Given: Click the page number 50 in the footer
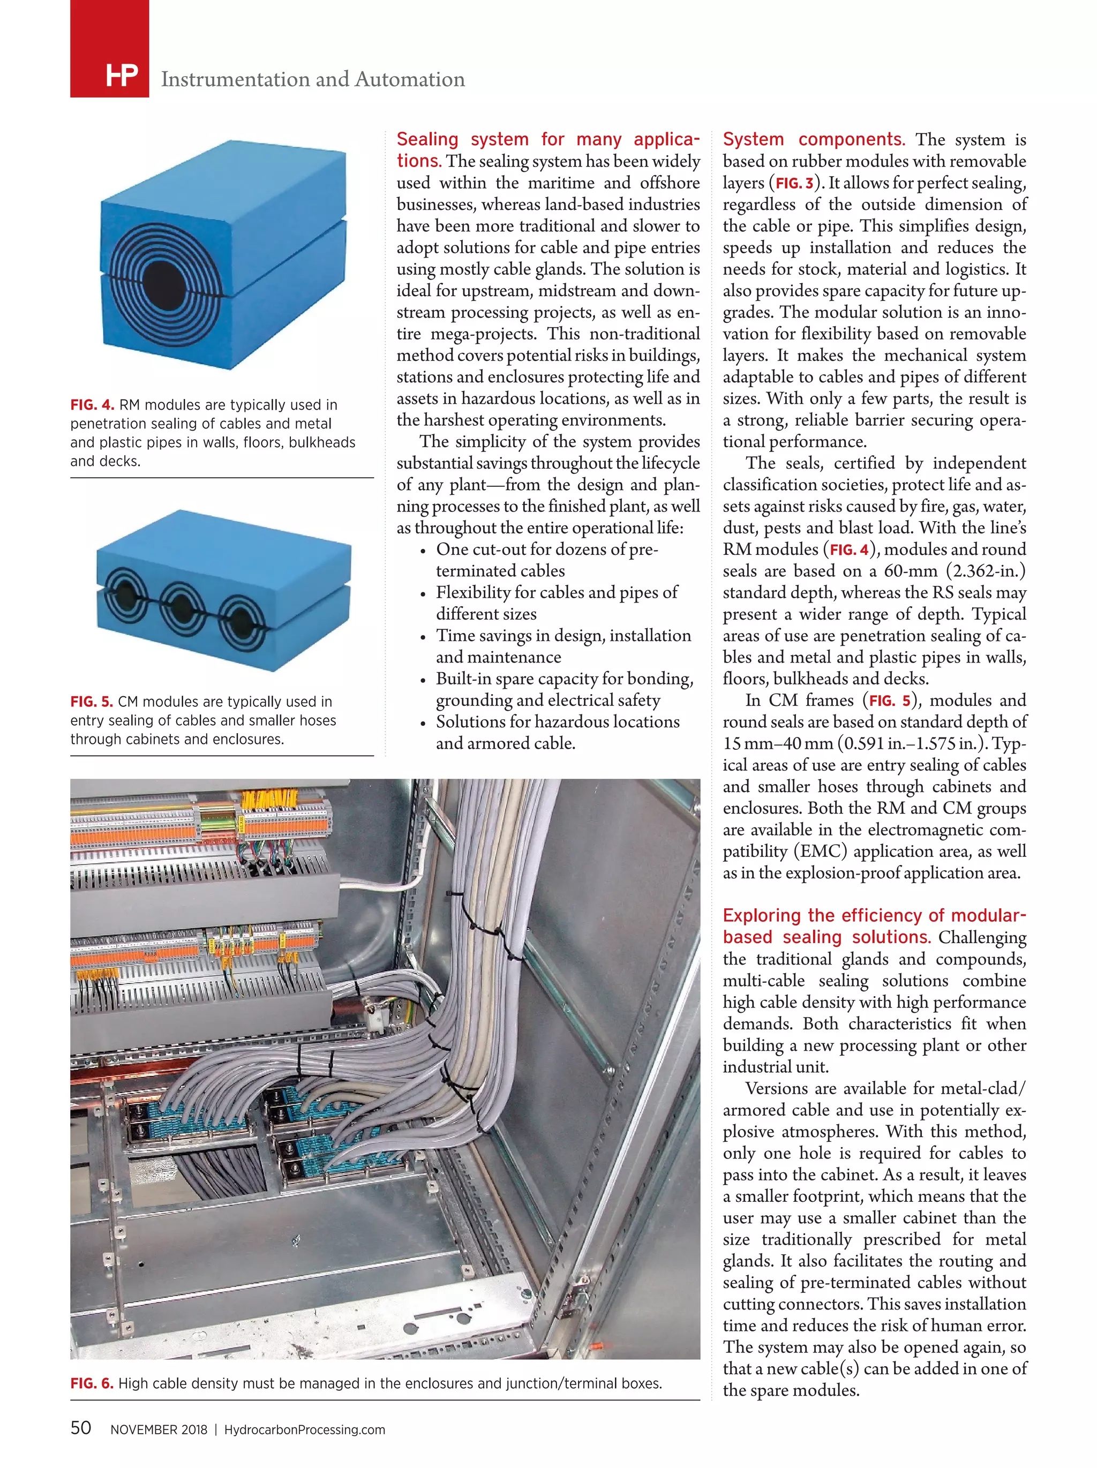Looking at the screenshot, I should (81, 1427).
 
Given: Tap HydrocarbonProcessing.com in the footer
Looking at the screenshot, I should (305, 1429).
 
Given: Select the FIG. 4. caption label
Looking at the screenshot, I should (92, 405).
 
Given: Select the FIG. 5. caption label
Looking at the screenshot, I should (92, 702).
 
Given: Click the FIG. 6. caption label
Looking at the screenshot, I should (92, 1383).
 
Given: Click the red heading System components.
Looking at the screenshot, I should (814, 139).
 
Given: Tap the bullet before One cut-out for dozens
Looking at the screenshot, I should (423, 551).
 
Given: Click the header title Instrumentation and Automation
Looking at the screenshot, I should (313, 79).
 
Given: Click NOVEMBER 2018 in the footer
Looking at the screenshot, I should (159, 1429).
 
